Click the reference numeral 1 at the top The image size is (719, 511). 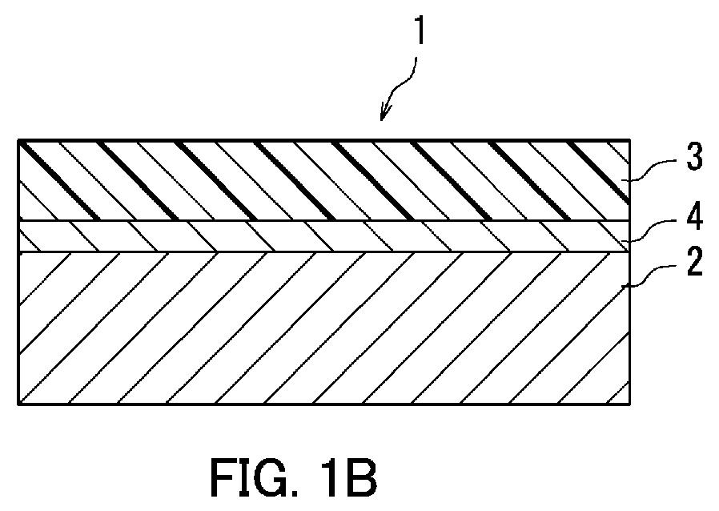click(420, 30)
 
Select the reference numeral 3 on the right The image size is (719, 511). click(694, 156)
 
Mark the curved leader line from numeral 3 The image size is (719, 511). click(650, 169)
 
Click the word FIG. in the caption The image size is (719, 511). click(255, 477)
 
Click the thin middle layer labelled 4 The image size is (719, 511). click(323, 236)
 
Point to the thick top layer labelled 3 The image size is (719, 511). click(323, 180)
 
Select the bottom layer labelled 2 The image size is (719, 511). click(323, 328)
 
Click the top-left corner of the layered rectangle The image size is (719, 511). click(18, 139)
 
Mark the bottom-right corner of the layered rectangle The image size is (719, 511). click(630, 404)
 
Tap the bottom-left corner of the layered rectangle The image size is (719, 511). click(18, 404)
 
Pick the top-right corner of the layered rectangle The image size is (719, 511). click(630, 139)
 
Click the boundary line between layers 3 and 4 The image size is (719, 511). click(323, 220)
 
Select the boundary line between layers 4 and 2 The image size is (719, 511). click(323, 251)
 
